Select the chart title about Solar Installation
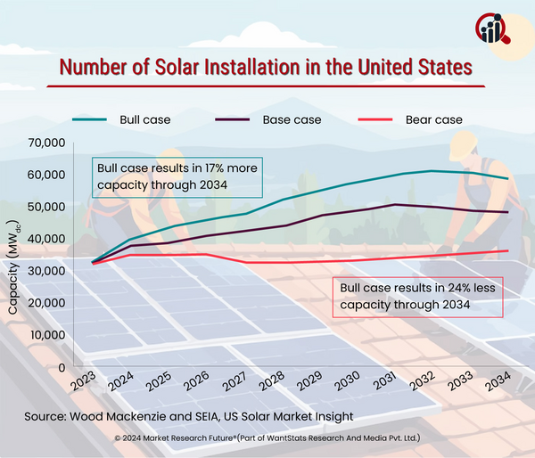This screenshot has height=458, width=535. click(x=265, y=68)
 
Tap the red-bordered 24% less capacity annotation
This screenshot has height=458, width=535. click(x=416, y=297)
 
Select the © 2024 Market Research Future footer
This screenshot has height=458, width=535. click(x=267, y=439)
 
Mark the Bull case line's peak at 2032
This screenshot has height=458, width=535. click(x=432, y=170)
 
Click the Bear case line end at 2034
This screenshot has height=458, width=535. click(x=508, y=250)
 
